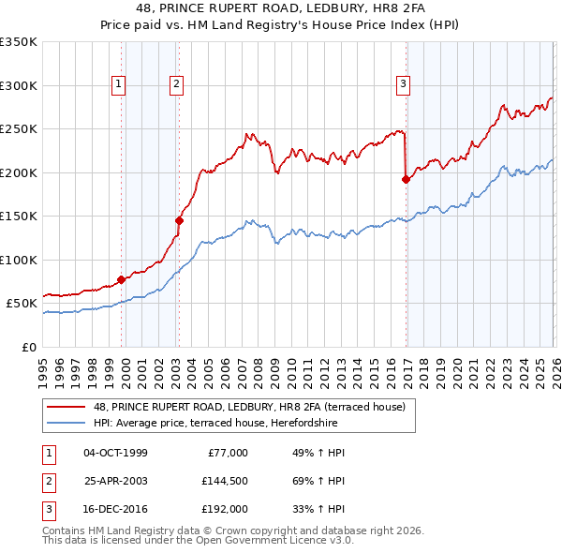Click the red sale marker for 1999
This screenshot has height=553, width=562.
(x=122, y=279)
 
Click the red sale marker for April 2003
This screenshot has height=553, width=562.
(x=179, y=220)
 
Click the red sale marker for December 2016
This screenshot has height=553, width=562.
(x=406, y=179)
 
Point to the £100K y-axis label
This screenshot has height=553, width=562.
(x=19, y=260)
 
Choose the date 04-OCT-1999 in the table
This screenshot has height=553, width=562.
(x=115, y=453)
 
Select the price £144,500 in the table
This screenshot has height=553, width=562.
(x=224, y=482)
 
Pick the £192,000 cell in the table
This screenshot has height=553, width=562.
(x=224, y=511)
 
